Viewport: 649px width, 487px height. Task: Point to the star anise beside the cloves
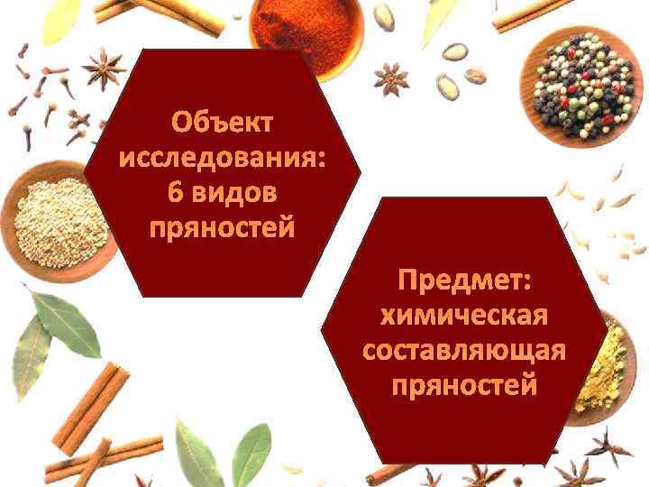click(x=106, y=69)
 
